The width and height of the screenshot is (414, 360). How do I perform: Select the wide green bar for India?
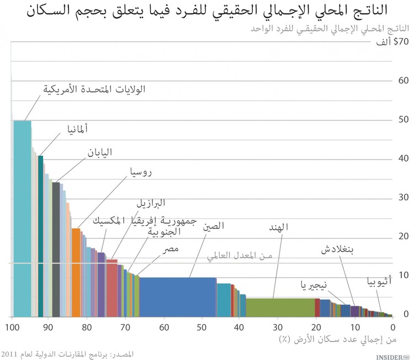(x=280, y=307)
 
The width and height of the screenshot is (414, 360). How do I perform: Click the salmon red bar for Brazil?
(x=112, y=287)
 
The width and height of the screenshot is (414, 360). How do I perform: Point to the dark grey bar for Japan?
(x=56, y=248)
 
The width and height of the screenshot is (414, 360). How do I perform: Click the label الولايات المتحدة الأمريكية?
(x=94, y=88)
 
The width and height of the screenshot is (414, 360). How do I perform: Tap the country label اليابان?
(x=100, y=152)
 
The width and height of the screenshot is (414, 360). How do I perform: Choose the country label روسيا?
(x=139, y=172)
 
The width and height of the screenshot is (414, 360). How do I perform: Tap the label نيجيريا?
(x=314, y=285)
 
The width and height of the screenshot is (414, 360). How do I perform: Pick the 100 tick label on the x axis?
(x=12, y=327)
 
